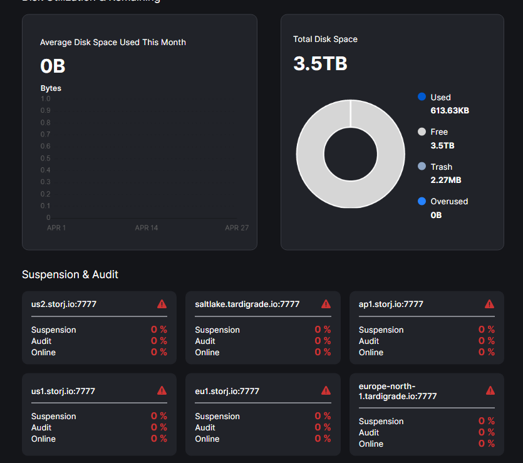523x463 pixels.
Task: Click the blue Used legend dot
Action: click(x=422, y=97)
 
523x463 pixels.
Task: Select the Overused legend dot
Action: click(x=422, y=201)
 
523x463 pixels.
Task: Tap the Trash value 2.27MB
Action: click(x=446, y=180)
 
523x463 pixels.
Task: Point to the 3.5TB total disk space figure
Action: click(x=320, y=63)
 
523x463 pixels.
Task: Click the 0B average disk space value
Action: click(x=53, y=66)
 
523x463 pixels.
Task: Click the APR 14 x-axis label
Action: click(x=147, y=227)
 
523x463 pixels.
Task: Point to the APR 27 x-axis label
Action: click(x=237, y=227)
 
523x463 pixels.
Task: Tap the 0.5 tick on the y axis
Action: click(x=45, y=158)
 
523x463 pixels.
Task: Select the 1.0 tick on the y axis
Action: click(x=45, y=98)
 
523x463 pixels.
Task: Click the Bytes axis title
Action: click(x=51, y=88)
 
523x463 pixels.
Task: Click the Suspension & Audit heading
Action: click(x=70, y=274)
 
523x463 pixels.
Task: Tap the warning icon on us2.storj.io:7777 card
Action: click(x=162, y=304)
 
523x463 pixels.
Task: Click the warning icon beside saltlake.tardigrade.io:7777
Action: click(x=326, y=304)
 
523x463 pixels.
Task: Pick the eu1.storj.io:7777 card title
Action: click(x=227, y=391)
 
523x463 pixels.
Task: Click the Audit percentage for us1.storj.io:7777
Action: click(x=159, y=427)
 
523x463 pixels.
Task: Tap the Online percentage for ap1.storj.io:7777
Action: click(x=487, y=352)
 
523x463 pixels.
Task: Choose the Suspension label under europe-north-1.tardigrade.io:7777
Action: click(x=381, y=421)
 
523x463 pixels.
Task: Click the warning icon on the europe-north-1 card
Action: click(x=490, y=390)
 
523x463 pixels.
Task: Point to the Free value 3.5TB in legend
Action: click(x=442, y=145)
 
